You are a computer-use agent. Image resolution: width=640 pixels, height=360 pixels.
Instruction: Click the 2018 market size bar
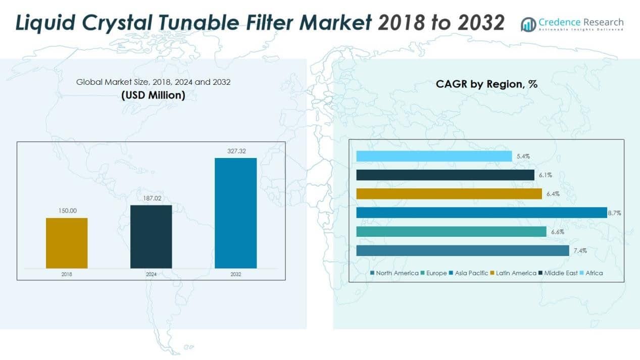coord(67,243)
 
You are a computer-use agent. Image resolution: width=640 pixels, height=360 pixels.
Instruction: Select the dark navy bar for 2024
coord(151,236)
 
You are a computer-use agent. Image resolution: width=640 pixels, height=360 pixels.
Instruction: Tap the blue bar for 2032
coord(235,213)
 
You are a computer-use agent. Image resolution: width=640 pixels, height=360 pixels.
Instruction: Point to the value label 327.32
coord(235,150)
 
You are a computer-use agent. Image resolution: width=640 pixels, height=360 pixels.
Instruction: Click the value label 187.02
coord(151,198)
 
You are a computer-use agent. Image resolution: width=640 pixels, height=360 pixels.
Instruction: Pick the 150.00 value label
coord(67,211)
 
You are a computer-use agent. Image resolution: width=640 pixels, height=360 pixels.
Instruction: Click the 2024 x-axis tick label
coord(151,274)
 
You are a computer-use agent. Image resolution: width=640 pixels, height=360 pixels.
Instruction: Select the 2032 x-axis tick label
coord(235,274)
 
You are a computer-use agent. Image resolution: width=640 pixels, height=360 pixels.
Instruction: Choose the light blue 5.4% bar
coord(434,157)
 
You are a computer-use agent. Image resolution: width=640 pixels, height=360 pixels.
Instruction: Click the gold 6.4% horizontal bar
coord(449,194)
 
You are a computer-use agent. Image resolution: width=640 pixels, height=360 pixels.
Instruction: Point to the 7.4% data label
coord(580,251)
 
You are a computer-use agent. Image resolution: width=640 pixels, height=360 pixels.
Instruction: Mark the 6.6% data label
coord(557,232)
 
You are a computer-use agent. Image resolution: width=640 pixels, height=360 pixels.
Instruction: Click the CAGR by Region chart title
coord(486,84)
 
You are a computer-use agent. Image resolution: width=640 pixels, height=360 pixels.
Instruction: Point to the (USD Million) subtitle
coord(153,95)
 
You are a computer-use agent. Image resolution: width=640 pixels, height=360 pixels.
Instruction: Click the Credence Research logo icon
coord(528,24)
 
